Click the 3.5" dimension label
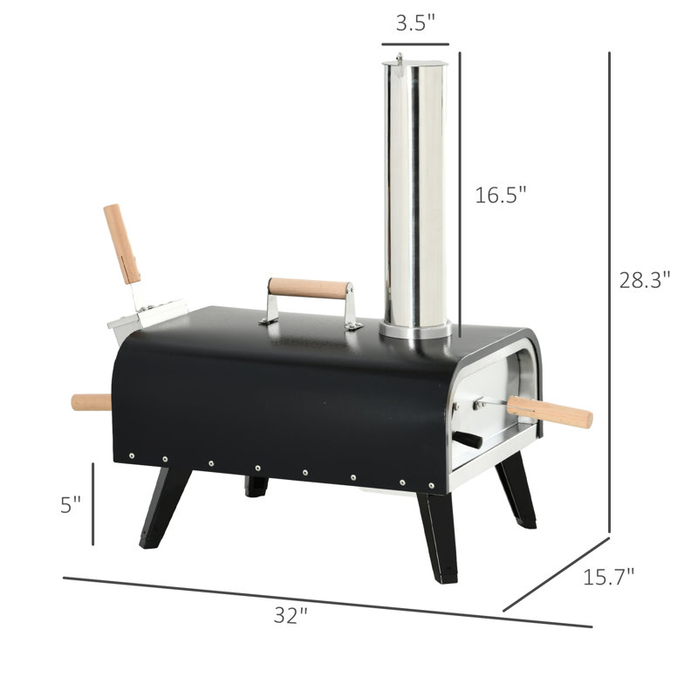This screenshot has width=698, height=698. pyautogui.click(x=415, y=24)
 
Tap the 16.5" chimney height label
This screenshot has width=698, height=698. pyautogui.click(x=500, y=195)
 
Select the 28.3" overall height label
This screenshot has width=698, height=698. pyautogui.click(x=645, y=280)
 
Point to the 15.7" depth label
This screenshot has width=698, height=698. pyautogui.click(x=608, y=577)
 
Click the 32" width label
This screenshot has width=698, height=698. pyautogui.click(x=291, y=615)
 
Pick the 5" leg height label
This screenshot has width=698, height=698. pyautogui.click(x=71, y=505)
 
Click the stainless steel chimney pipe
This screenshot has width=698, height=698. pyautogui.click(x=415, y=195)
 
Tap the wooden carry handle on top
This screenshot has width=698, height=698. pyautogui.click(x=309, y=289)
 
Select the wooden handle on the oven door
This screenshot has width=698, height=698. pyautogui.click(x=550, y=412)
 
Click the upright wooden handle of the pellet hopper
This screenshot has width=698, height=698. pyautogui.click(x=122, y=244)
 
